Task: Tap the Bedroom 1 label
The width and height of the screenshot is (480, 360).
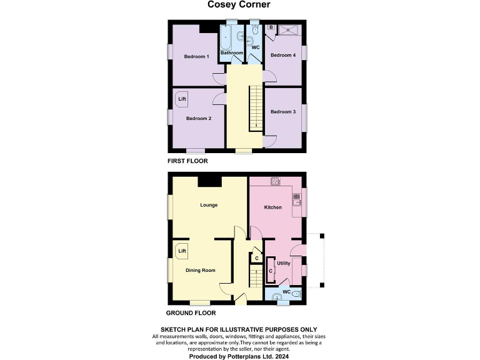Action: [196, 57]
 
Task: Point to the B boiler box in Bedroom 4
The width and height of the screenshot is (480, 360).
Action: [272, 28]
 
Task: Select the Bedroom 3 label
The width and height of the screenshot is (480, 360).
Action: [282, 112]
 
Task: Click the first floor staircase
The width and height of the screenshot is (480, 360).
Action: [255, 108]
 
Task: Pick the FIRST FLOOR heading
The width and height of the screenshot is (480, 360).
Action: [187, 161]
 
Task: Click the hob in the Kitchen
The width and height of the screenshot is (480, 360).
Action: [275, 182]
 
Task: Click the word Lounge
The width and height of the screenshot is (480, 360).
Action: [208, 205]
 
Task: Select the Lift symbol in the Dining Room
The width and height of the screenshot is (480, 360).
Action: [182, 251]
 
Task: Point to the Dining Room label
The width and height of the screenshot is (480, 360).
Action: [200, 271]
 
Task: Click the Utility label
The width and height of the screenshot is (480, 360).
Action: [283, 263]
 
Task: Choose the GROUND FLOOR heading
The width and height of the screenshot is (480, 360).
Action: [191, 313]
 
